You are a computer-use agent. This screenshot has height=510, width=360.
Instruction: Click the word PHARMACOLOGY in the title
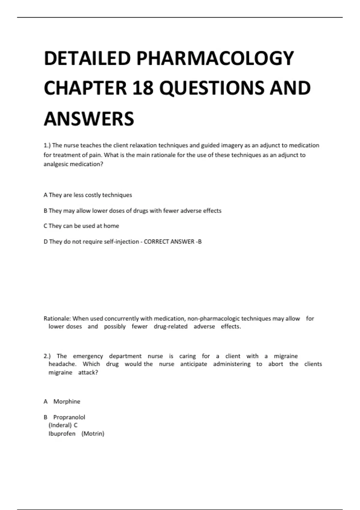pos(215,58)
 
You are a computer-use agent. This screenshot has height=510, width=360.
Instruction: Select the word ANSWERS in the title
pos(89,119)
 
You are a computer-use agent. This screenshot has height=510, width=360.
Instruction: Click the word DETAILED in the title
pos(87,58)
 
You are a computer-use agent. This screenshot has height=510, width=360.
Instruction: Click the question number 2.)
pos(47,356)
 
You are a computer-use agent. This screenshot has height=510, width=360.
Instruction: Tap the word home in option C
pos(111,226)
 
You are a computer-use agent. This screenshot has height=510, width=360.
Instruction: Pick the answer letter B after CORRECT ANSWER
pos(200,242)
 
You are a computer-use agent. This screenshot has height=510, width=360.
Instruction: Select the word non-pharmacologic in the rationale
pos(213,319)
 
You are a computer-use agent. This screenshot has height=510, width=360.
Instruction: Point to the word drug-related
pos(170,326)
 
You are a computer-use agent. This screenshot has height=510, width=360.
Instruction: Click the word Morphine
pos(67,402)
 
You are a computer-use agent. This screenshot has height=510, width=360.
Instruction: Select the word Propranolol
pos(69,417)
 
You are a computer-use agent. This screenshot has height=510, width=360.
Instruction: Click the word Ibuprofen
pos(62,434)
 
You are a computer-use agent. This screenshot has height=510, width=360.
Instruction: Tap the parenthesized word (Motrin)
pos(93,434)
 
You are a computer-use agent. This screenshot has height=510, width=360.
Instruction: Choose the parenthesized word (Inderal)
pos(60,425)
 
